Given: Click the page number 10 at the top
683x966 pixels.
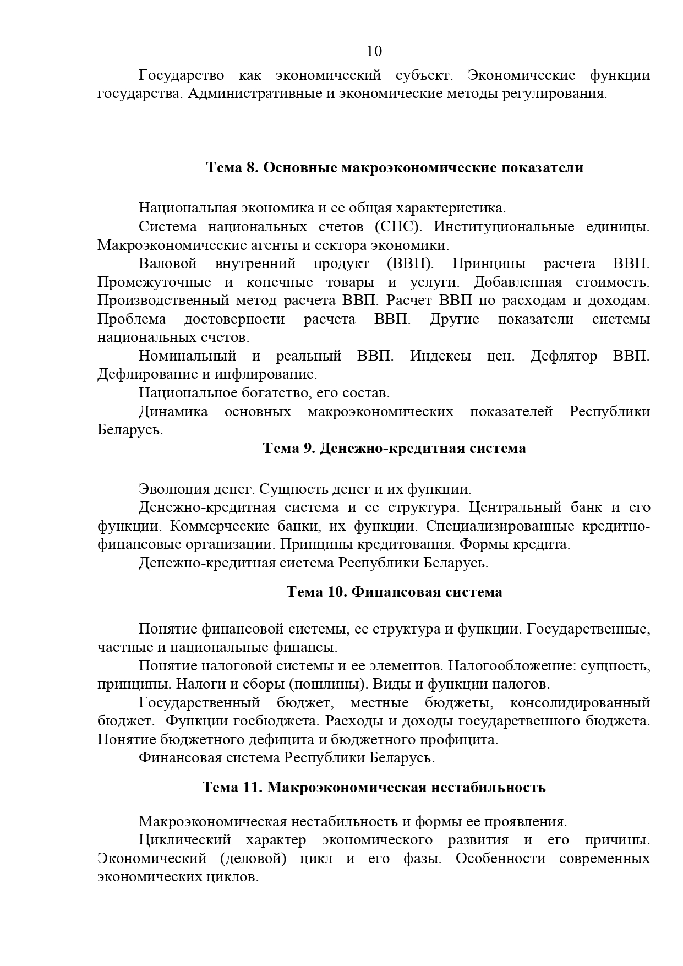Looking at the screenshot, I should click(374, 51).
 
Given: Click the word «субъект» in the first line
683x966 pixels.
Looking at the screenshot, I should click(423, 75).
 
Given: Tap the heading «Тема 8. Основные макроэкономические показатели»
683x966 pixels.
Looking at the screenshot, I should click(395, 167).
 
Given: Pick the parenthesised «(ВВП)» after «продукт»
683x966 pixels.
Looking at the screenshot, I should click(410, 264).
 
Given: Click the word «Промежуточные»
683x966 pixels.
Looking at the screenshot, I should click(154, 282).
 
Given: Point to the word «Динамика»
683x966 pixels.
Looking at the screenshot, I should click(173, 412).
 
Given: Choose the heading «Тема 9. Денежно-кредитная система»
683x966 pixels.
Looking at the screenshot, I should click(395, 449).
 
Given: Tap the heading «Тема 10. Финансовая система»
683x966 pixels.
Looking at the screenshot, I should click(394, 592).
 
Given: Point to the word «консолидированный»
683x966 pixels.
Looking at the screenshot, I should click(580, 703).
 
